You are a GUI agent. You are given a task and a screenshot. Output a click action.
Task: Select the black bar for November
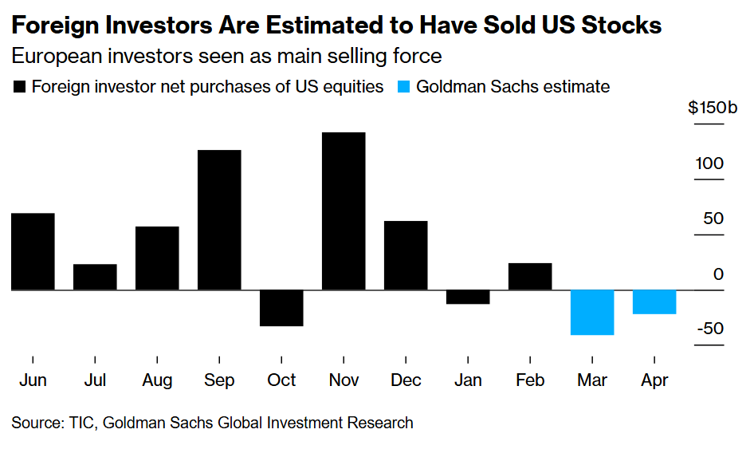[x=344, y=211]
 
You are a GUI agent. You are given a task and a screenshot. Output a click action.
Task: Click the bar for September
[x=219, y=220]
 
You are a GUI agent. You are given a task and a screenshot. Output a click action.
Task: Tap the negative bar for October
[x=281, y=308]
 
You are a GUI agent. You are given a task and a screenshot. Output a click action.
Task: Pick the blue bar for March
[x=592, y=313]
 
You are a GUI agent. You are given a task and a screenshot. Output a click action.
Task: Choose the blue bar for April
[x=654, y=302]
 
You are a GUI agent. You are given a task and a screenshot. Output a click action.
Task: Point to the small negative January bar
[x=468, y=297]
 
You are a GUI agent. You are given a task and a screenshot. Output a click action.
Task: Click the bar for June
[x=33, y=251]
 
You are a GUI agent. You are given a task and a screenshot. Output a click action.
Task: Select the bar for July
[x=95, y=277]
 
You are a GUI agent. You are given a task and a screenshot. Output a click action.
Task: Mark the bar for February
[x=530, y=276]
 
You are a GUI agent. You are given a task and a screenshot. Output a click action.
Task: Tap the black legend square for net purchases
[x=19, y=87]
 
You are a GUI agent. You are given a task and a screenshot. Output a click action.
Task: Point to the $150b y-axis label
[x=712, y=108]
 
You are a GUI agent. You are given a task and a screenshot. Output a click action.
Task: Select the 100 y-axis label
[x=709, y=163]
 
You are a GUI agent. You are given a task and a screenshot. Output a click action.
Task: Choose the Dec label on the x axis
[x=406, y=380]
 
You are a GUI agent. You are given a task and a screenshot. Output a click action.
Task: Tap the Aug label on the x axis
[x=157, y=380]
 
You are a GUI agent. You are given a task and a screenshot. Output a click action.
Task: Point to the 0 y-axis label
[x=718, y=274]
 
